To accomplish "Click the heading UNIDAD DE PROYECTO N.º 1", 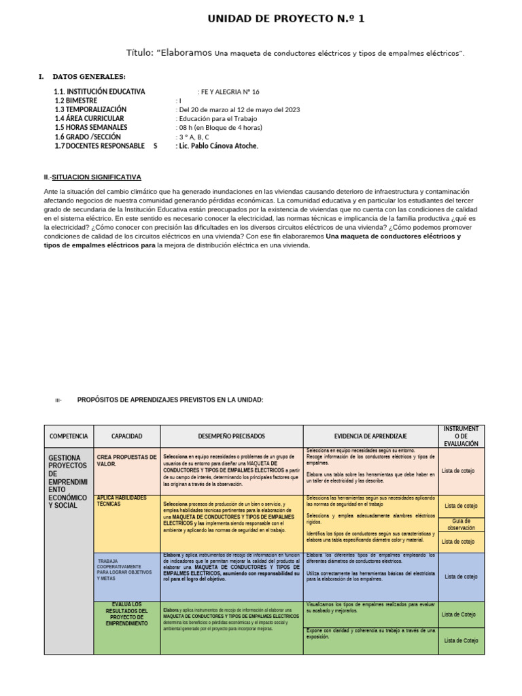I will coord(286,19).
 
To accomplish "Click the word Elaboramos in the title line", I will coord(184,53).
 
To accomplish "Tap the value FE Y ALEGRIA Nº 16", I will coord(230,92).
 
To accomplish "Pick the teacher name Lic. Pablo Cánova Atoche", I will coord(217,145).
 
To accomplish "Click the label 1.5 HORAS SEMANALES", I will coord(91,127).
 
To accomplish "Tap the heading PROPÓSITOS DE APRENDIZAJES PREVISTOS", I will coord(170,400).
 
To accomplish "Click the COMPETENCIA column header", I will coord(69,436).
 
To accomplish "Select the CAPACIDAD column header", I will coord(126,436).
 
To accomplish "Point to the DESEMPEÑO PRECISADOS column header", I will coord(231,436).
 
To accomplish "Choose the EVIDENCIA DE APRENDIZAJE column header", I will coord(370,436).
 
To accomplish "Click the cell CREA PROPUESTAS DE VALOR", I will coord(126,461).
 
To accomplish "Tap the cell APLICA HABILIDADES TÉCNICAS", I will coord(122,501).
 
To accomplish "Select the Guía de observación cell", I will coord(461,524).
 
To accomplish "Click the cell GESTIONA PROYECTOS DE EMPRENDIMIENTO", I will coord(68,482).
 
